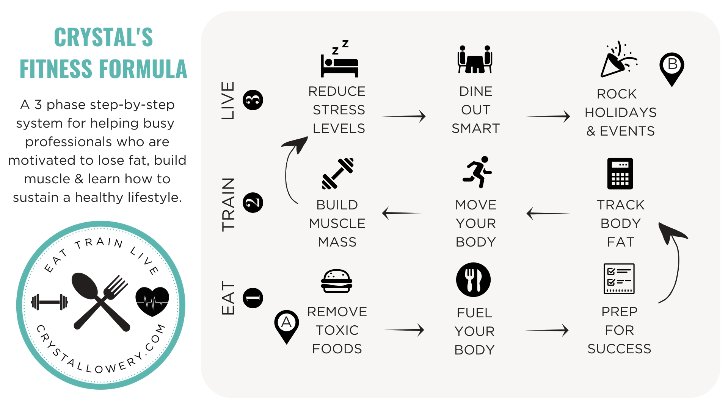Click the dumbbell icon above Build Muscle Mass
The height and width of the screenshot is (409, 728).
click(x=338, y=173)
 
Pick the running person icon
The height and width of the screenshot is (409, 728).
click(x=477, y=172)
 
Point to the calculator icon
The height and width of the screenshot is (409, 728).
click(x=620, y=173)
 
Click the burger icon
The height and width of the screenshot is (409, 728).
click(x=337, y=281)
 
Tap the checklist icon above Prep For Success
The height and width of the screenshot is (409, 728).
click(x=619, y=279)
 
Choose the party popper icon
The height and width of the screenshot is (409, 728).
click(x=618, y=60)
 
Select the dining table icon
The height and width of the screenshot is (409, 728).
click(x=475, y=60)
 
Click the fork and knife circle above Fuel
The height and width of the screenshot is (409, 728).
click(x=473, y=279)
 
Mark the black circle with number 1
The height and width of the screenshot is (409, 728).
click(x=253, y=298)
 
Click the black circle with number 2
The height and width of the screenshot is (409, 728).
click(x=253, y=203)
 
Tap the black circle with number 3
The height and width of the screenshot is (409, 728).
click(x=253, y=100)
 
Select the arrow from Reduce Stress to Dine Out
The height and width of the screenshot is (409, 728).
click(x=404, y=116)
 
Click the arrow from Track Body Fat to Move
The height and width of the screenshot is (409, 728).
click(x=548, y=213)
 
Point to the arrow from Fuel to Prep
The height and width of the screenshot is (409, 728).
click(x=547, y=330)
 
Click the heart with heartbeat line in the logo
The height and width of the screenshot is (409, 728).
click(x=152, y=301)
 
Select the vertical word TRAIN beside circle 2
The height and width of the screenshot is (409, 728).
click(x=229, y=204)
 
